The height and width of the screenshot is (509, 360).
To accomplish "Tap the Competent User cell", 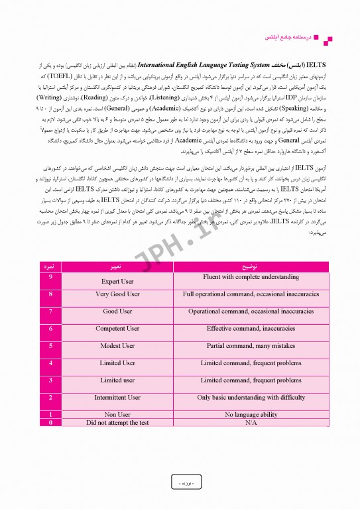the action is coord(117,329).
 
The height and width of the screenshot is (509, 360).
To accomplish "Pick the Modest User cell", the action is coord(117,346).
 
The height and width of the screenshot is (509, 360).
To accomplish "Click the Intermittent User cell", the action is coord(117,398).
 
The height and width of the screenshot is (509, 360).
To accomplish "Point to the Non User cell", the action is coord(117,415).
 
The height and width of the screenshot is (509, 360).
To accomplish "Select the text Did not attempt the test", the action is coord(117,422).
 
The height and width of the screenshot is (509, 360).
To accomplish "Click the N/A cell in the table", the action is coord(251,422).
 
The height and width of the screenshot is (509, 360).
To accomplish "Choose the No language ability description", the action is coord(251,415).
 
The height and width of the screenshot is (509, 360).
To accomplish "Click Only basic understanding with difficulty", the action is coord(251,398).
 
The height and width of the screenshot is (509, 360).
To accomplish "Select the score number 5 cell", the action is coord(51,346).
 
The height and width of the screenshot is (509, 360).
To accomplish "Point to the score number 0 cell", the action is coord(51,422).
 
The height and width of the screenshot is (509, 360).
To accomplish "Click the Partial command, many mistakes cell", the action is coord(251,346).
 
